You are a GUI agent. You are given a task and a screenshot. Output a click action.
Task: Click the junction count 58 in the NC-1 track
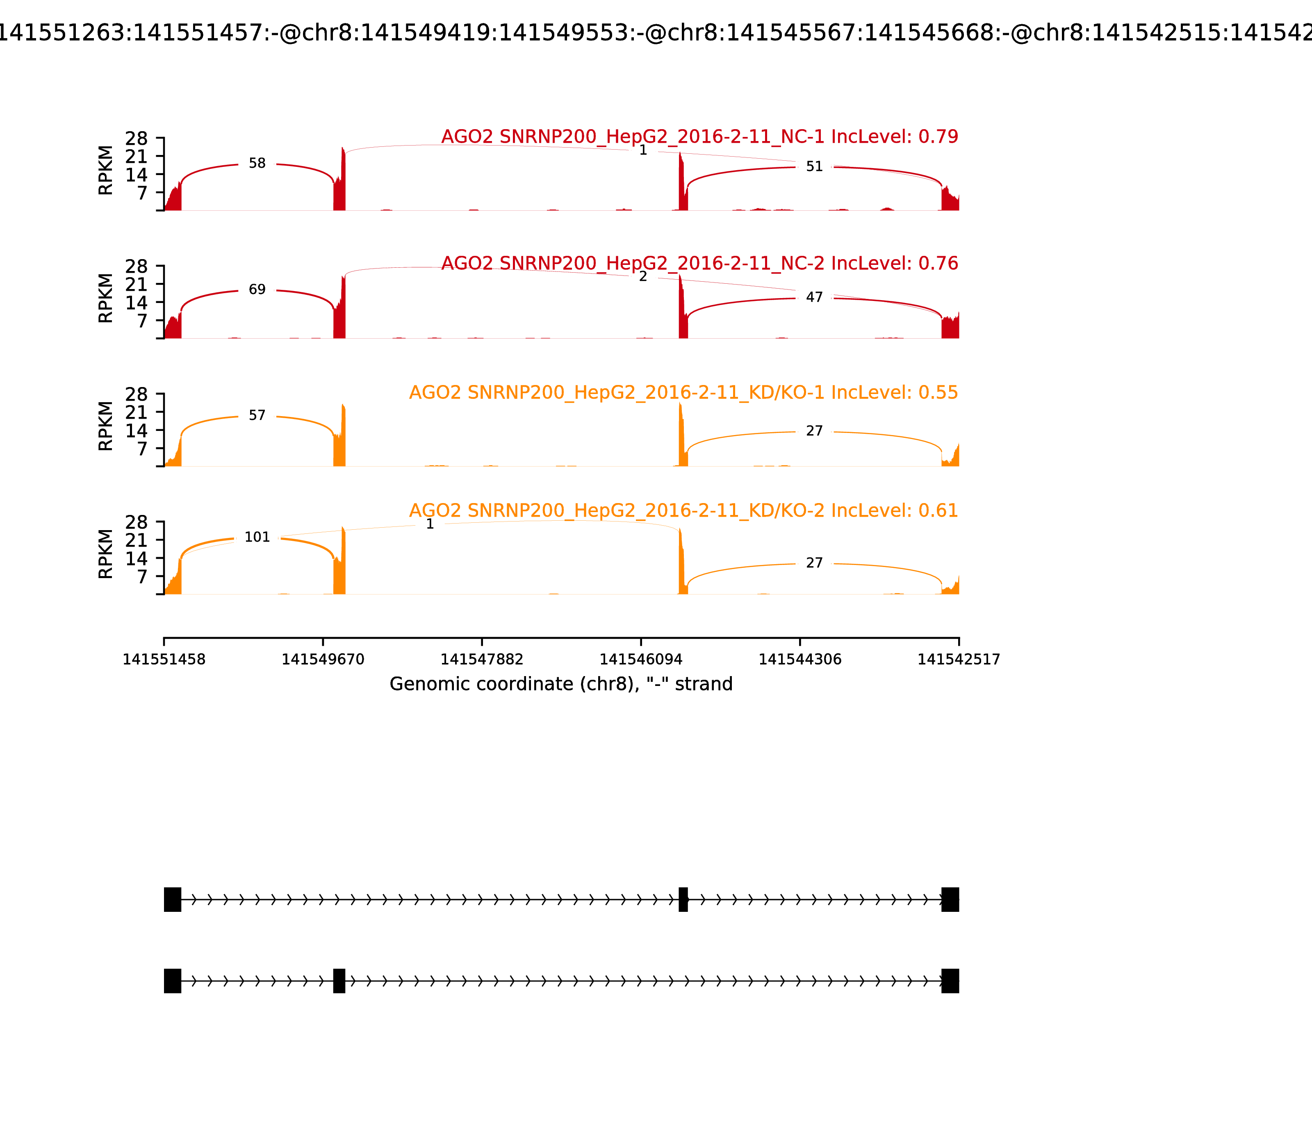(257, 163)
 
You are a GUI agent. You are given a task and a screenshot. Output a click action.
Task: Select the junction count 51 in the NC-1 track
(813, 166)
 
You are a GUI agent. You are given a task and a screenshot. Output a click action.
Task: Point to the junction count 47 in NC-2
(813, 297)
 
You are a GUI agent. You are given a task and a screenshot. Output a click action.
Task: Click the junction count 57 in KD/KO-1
(257, 416)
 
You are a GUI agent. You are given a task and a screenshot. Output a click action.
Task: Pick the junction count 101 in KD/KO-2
(257, 538)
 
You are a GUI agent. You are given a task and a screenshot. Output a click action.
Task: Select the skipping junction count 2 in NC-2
(642, 277)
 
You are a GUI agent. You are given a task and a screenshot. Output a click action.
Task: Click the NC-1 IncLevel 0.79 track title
(699, 137)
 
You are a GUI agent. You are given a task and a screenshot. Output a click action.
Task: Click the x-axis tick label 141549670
(323, 660)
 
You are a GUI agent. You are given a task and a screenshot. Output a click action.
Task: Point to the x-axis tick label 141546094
(640, 660)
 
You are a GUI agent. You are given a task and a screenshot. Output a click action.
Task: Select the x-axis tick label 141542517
(959, 660)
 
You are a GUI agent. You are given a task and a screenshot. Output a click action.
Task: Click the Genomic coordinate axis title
(560, 684)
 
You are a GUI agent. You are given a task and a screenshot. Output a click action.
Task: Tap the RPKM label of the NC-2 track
(106, 298)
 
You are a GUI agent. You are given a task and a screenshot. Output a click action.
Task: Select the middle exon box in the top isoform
(683, 900)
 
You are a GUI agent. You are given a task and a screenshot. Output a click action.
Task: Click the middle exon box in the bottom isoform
(339, 981)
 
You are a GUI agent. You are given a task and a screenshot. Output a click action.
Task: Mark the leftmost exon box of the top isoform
(172, 900)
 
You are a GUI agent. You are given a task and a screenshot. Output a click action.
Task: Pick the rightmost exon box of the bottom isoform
(950, 981)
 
